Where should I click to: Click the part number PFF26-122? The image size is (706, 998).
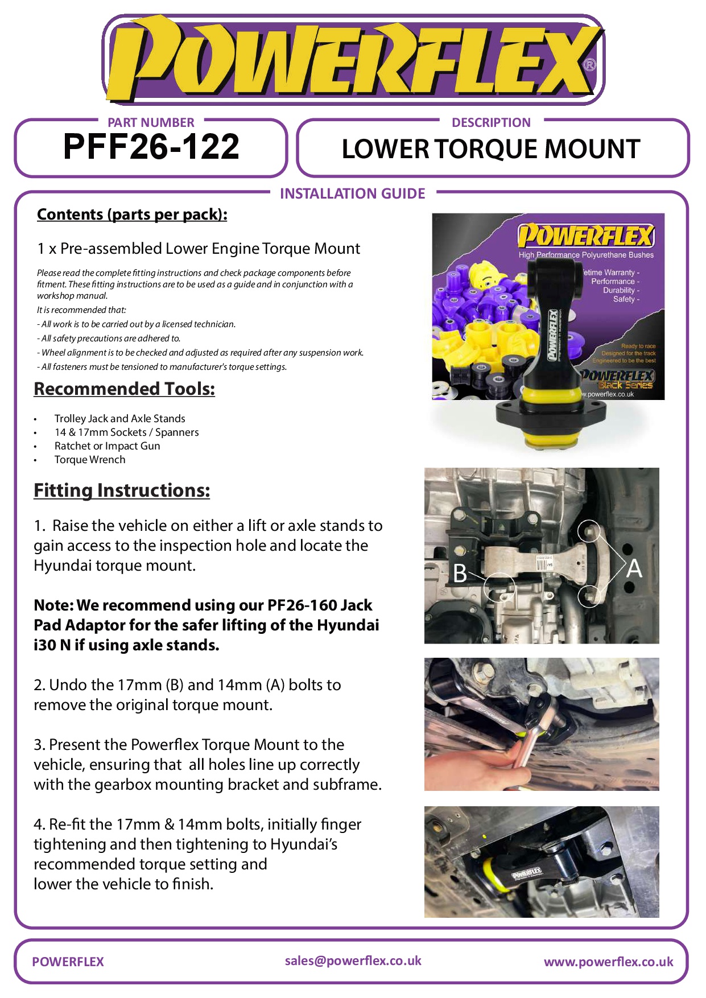[151, 147]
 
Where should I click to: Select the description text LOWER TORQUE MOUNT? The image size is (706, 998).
[490, 149]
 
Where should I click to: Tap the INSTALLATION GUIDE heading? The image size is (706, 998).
[352, 193]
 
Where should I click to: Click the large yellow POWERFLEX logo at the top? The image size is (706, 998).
[353, 60]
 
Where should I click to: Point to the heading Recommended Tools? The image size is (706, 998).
[124, 389]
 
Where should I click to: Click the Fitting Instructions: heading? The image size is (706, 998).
[122, 490]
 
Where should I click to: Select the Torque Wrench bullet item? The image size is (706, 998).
[90, 460]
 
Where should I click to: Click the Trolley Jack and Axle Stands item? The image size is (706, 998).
[119, 419]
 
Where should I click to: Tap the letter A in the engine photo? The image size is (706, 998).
[634, 568]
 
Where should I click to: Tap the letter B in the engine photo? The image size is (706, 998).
[460, 574]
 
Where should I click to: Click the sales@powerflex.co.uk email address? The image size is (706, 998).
[353, 961]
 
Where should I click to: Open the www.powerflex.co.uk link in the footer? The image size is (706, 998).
[608, 962]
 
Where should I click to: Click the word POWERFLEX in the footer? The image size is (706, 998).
[68, 962]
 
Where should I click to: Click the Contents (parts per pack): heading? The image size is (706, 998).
[132, 215]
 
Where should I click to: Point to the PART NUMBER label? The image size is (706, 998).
[151, 122]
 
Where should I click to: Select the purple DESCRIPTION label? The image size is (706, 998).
[491, 122]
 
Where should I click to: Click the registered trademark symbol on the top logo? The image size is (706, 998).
[590, 65]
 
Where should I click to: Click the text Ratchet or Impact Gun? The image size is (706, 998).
[107, 446]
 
